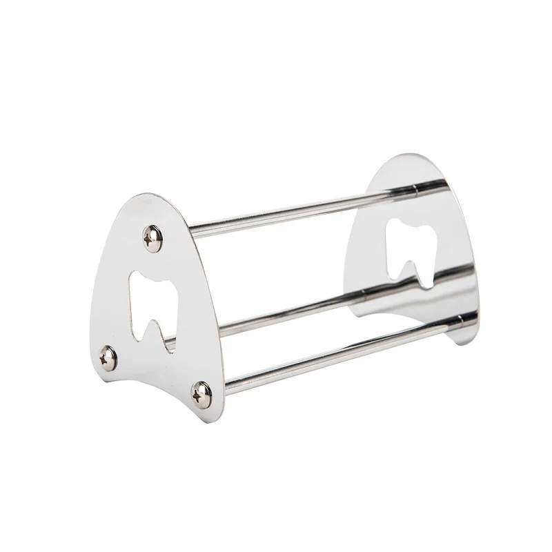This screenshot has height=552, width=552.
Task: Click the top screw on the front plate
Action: (152, 239)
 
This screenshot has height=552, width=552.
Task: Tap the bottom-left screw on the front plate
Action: (108, 357)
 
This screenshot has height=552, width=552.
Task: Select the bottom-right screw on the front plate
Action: (201, 394)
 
